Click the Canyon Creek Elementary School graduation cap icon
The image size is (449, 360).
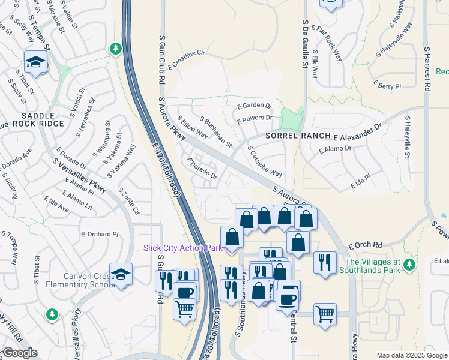click(121, 275)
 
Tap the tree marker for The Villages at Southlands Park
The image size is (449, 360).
click(409, 264)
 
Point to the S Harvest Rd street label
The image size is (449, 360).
click(427, 69)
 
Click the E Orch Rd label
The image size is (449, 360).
click(365, 245)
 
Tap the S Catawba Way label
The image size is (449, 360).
click(265, 160)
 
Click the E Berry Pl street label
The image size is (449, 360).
click(387, 86)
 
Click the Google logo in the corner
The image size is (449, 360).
click(20, 353)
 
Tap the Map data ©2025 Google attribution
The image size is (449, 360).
click(412, 355)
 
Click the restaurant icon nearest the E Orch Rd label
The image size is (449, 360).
click(325, 263)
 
